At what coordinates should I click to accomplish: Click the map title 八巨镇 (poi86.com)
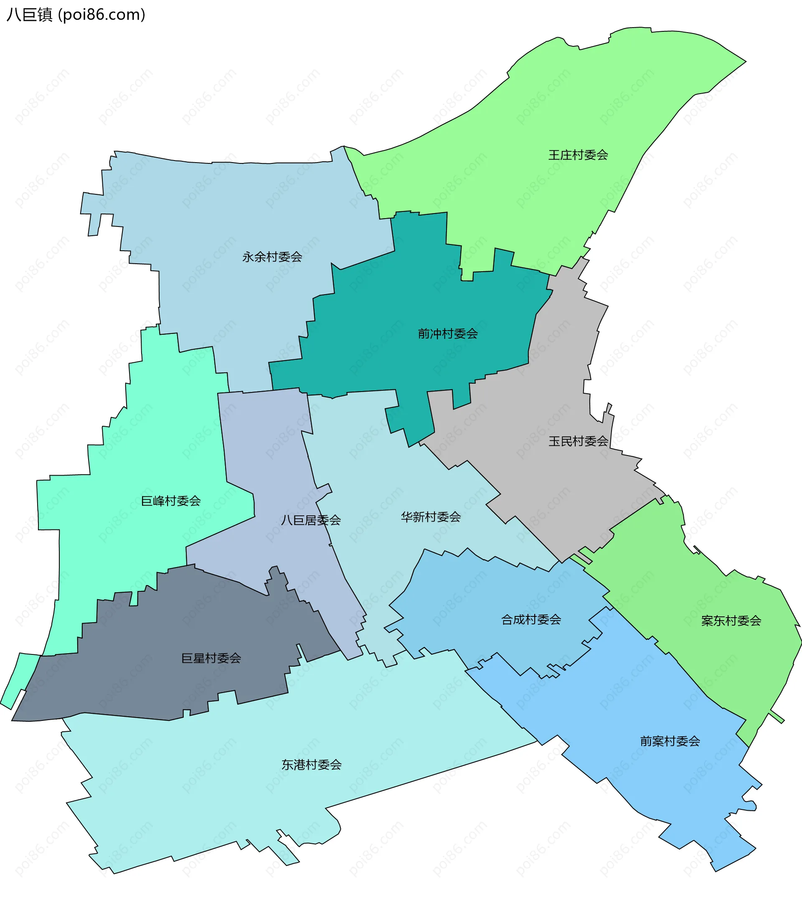[x=76, y=15]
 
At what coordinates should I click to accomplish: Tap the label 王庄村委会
[x=578, y=155]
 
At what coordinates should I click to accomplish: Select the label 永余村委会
[x=272, y=257]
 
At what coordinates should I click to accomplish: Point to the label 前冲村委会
[x=448, y=333]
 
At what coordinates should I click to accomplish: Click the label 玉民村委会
[x=578, y=441]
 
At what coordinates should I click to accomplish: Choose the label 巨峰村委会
[x=170, y=501]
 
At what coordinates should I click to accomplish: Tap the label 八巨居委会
[x=311, y=520]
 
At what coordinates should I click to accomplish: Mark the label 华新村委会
[x=431, y=517]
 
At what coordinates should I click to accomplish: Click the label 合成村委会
[x=531, y=620]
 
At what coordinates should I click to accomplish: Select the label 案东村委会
[x=731, y=621]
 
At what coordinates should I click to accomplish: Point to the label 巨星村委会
[x=211, y=658]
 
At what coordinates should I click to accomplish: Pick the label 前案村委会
[x=670, y=741]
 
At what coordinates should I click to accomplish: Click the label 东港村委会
[x=312, y=764]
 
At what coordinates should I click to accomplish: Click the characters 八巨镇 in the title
[x=30, y=15]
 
